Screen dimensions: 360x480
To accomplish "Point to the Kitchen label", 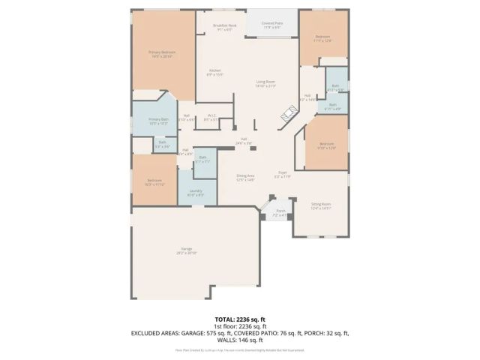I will pos(214,72).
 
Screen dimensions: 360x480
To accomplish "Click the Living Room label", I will pos(265,84).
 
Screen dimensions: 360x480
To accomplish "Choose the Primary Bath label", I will pos(157,121).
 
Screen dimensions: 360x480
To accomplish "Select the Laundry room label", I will pos(196,193).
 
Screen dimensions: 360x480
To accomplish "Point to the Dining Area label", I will pos(246,178).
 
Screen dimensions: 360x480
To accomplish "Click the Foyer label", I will pos(283,174).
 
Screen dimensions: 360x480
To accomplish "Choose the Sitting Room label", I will pos(321,207).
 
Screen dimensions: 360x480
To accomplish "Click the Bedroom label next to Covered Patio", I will pos(322,38).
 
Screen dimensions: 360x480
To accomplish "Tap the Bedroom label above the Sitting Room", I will pos(326,145).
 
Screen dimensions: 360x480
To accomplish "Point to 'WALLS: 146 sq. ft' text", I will pos(240,338).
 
